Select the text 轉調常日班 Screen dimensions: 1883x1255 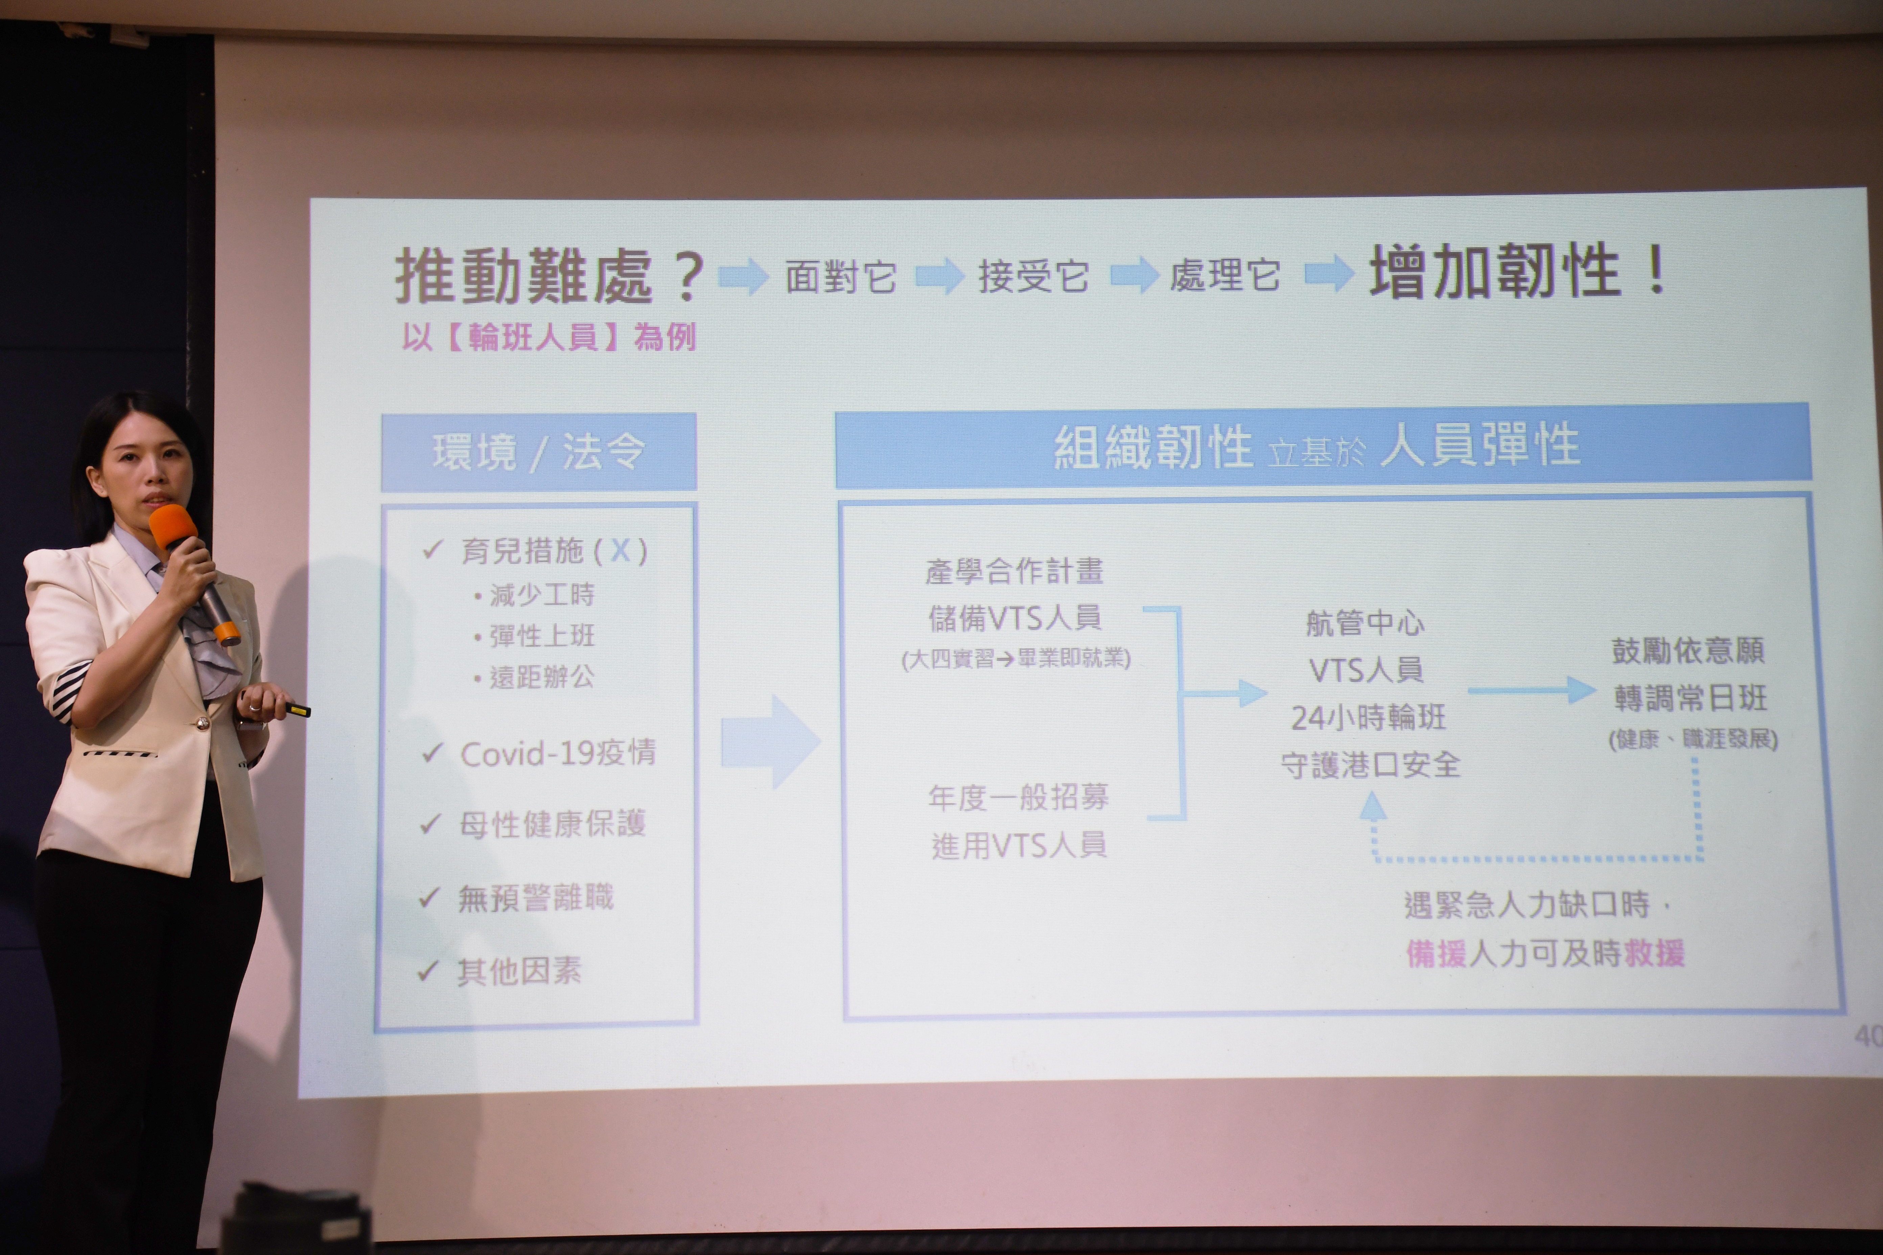point(1690,698)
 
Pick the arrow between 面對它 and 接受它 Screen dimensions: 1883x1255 point(940,276)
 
